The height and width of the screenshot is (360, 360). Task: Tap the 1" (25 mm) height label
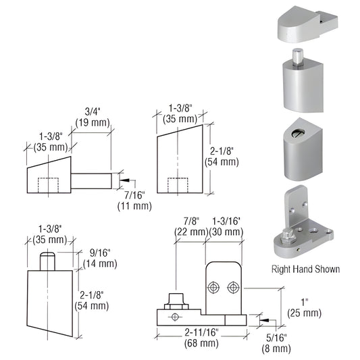pyautogui.click(x=306, y=307)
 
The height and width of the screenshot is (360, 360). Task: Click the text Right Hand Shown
pyautogui.click(x=305, y=269)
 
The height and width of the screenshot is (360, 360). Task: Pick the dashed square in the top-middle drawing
pyautogui.click(x=178, y=186)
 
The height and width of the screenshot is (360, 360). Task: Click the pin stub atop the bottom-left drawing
pyautogui.click(x=47, y=260)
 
